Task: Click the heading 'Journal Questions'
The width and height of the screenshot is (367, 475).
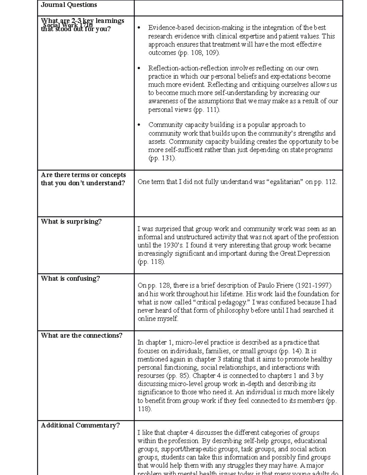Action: click(x=69, y=5)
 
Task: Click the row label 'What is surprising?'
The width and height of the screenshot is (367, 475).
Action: click(x=71, y=222)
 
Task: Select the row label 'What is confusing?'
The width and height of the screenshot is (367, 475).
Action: click(x=70, y=279)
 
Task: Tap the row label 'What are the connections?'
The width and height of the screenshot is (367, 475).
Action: click(x=81, y=336)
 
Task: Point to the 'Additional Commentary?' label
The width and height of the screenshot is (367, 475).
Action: click(x=80, y=425)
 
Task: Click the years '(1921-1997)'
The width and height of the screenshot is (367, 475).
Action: click(x=313, y=286)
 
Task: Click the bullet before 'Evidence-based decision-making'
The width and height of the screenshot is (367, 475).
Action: click(x=139, y=28)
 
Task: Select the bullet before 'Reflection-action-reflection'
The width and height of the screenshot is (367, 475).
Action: click(x=139, y=69)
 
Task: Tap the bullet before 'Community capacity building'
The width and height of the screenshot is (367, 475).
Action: click(x=139, y=125)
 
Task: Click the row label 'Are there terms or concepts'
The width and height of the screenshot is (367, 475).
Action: click(x=83, y=175)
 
